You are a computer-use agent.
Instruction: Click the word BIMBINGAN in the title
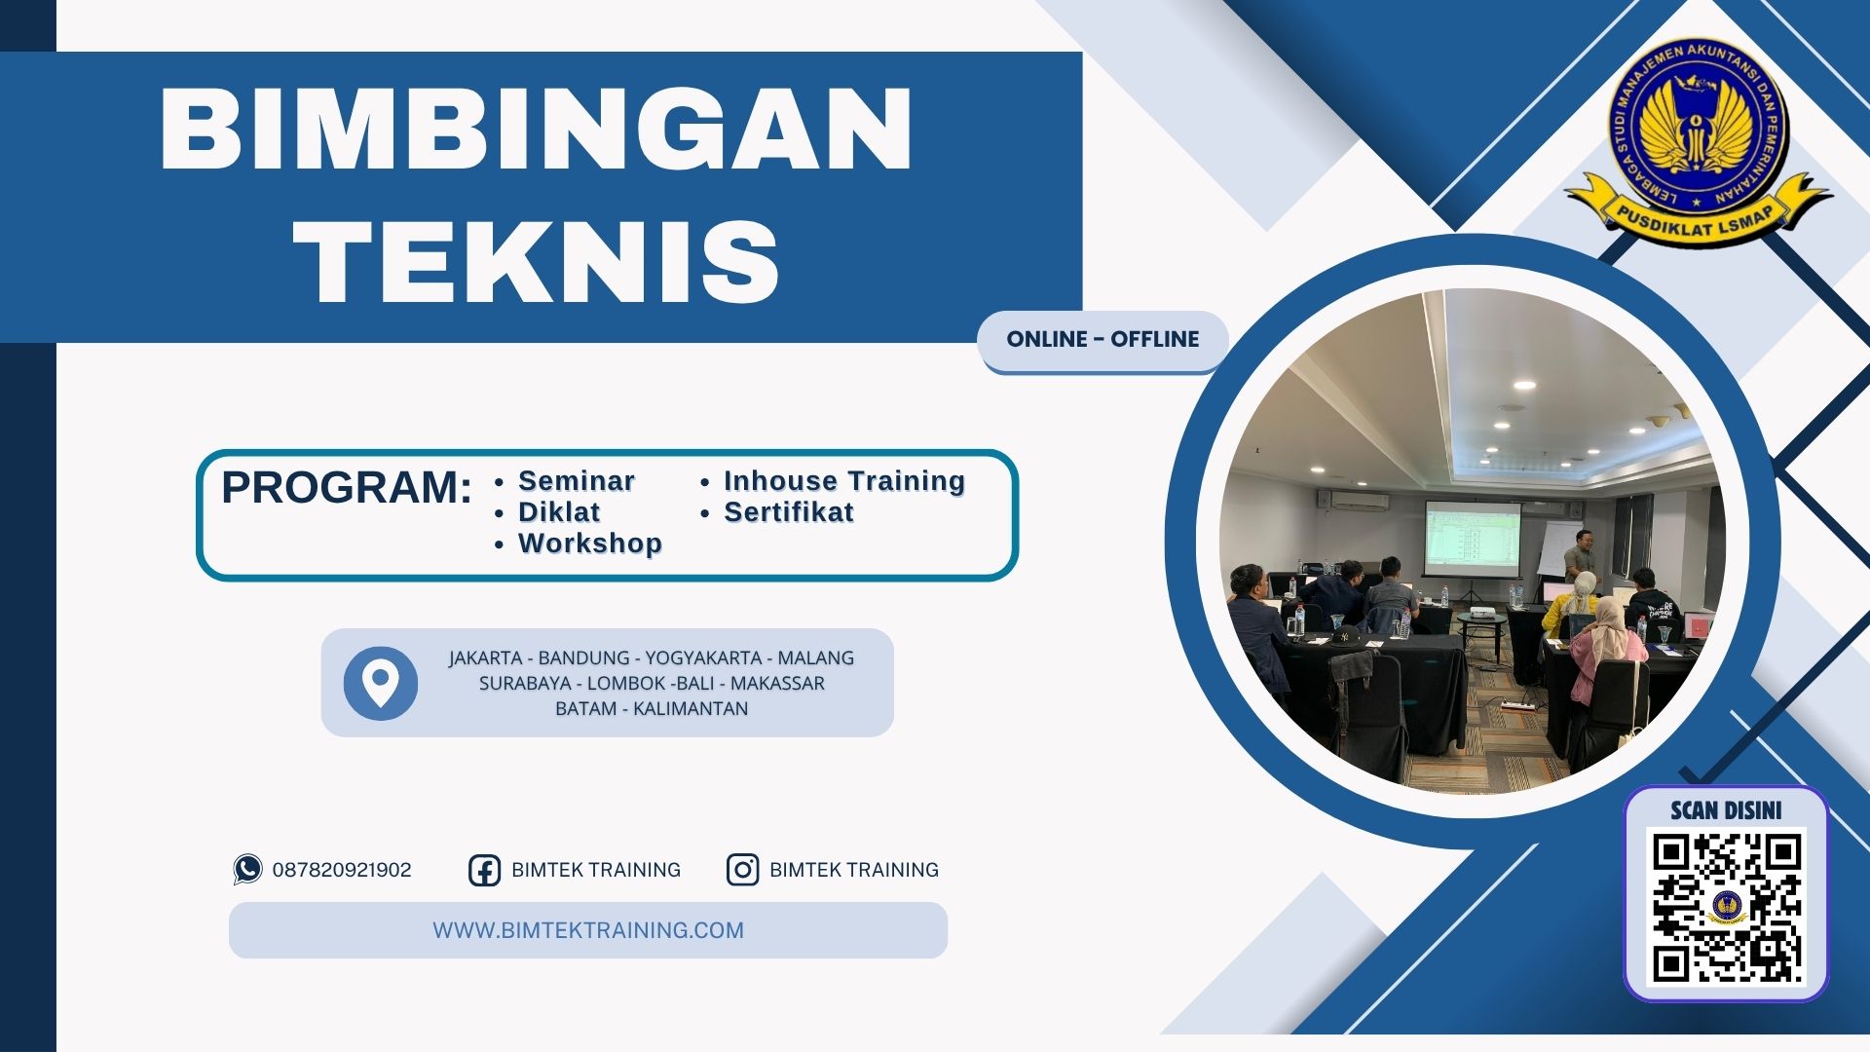point(536,130)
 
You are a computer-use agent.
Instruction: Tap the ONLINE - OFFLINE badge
point(1103,340)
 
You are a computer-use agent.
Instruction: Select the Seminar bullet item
point(576,481)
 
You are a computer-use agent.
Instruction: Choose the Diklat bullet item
point(558,512)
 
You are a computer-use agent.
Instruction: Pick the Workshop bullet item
point(589,544)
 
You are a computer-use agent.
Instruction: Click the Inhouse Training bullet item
point(843,481)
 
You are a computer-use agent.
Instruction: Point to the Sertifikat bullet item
point(788,512)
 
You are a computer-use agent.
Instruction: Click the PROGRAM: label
point(346,487)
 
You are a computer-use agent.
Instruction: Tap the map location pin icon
point(380,683)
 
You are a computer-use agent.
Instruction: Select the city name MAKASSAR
point(776,684)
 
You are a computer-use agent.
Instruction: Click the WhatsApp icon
point(247,869)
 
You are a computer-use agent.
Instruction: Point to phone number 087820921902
point(342,870)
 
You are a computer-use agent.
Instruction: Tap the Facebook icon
point(484,870)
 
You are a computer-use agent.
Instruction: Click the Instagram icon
point(742,869)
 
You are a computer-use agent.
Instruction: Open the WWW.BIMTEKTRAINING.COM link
point(587,930)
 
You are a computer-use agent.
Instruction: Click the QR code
point(1726,907)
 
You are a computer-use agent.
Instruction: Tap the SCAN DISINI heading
point(1726,810)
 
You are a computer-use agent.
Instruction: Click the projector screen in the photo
point(1471,537)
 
